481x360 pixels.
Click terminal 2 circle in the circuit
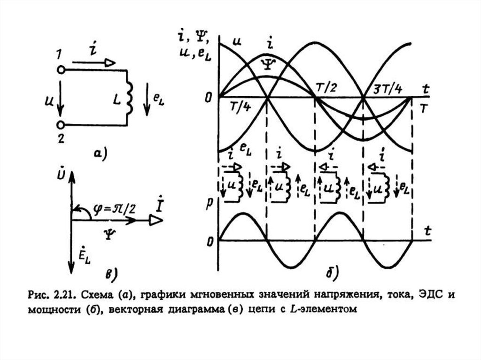coord(60,125)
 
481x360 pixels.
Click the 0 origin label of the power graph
coord(209,241)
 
